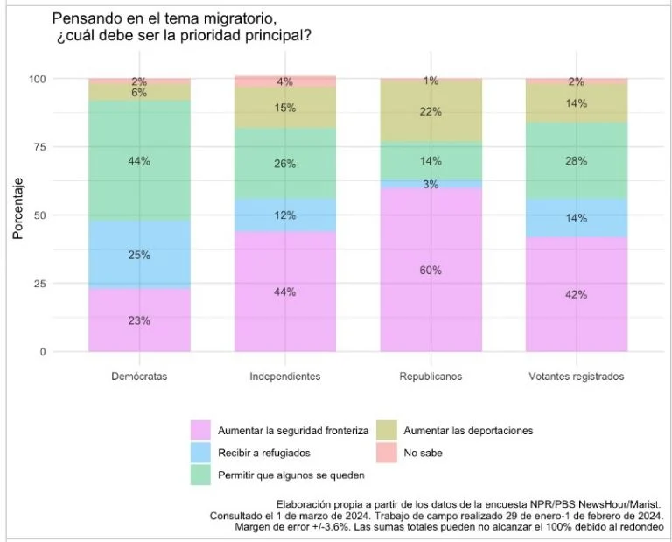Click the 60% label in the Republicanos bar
[x=430, y=271]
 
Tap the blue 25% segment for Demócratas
[x=140, y=255]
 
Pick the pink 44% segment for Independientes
[x=284, y=292]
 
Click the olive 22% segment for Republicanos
[x=430, y=111]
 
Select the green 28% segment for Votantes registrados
[x=575, y=162]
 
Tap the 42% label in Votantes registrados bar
[x=575, y=294]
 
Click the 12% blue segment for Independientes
[x=284, y=215]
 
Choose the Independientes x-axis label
[x=284, y=377]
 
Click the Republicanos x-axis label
[x=430, y=377]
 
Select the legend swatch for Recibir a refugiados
[x=201, y=452]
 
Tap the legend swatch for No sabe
[x=388, y=452]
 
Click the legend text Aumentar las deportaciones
[x=469, y=430]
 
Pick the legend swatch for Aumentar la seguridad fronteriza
[x=201, y=430]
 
